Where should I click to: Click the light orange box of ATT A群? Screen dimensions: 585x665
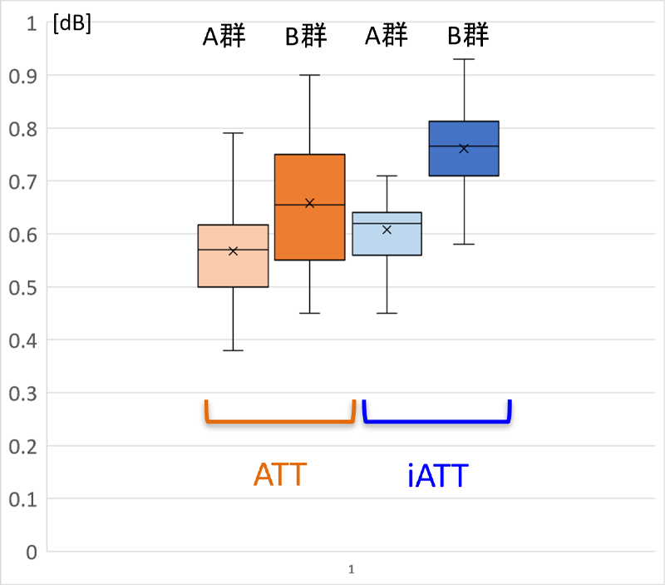(x=233, y=266)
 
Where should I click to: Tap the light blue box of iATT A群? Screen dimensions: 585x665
(x=387, y=241)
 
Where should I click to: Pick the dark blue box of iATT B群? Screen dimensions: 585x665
(x=464, y=158)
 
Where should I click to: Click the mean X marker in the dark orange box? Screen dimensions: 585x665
(x=309, y=203)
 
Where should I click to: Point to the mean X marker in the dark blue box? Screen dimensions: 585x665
(x=464, y=149)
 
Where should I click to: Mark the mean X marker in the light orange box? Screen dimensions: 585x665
(x=233, y=250)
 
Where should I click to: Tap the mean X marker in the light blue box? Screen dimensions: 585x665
(x=387, y=229)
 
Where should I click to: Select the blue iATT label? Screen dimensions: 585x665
(x=438, y=476)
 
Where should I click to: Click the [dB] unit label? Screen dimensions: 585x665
(x=71, y=24)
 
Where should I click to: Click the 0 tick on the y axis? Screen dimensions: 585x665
(x=32, y=552)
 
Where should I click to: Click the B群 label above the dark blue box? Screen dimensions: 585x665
(x=468, y=36)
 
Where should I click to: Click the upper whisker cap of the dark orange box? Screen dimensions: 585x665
(x=309, y=75)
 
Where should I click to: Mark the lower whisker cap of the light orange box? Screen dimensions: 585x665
(x=233, y=350)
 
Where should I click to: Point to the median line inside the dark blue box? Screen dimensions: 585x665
(x=464, y=146)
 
